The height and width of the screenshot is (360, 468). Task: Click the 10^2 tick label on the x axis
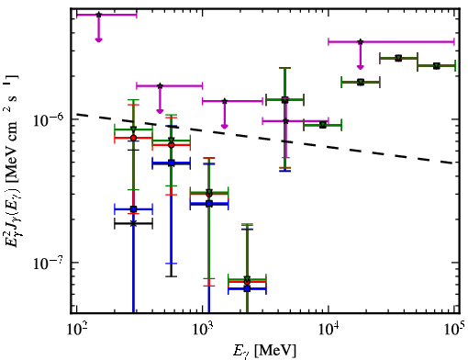click(x=77, y=330)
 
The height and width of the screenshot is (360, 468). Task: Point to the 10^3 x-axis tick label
click(x=203, y=330)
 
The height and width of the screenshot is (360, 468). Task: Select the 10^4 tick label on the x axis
click(x=329, y=330)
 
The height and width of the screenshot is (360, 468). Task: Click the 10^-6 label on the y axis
click(x=47, y=119)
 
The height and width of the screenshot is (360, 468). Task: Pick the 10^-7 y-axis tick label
click(x=47, y=263)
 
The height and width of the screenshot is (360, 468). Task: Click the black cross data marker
click(x=133, y=223)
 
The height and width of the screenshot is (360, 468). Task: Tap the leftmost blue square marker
click(x=133, y=209)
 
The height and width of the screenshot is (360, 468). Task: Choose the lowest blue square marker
click(x=247, y=288)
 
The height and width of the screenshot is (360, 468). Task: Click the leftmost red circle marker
click(x=133, y=138)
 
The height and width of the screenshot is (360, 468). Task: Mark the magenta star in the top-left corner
click(x=98, y=15)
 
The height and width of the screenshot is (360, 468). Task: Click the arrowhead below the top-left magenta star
click(x=98, y=39)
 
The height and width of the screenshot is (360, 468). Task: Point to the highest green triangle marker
click(x=398, y=58)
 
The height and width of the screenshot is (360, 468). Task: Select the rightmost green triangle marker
click(x=437, y=66)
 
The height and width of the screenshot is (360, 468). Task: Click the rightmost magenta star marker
click(x=361, y=41)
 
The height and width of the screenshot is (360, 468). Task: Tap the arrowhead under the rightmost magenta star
click(x=361, y=67)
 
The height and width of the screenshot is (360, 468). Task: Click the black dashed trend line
click(x=265, y=139)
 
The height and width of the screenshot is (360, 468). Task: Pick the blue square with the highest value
click(x=172, y=163)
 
